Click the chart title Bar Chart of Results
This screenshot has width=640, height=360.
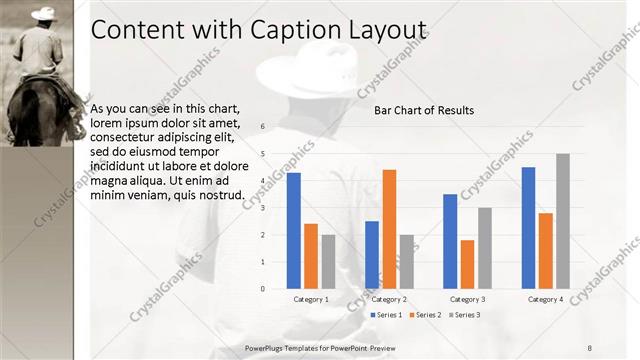(x=424, y=110)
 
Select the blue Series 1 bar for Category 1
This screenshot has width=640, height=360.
(x=294, y=231)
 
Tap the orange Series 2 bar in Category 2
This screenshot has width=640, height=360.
(x=389, y=229)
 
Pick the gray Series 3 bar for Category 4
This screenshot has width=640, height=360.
(x=563, y=221)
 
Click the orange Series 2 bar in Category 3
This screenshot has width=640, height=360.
(x=467, y=264)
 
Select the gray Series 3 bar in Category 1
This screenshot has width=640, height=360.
(x=328, y=262)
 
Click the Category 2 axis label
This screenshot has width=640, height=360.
(x=389, y=299)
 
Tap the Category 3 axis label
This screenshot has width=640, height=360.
(x=467, y=299)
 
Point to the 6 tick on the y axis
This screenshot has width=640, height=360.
(x=261, y=127)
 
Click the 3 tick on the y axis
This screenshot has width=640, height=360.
(x=261, y=208)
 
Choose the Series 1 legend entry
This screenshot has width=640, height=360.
(x=386, y=315)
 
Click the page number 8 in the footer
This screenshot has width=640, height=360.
(x=589, y=347)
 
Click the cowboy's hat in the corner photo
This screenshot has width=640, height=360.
(x=43, y=14)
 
